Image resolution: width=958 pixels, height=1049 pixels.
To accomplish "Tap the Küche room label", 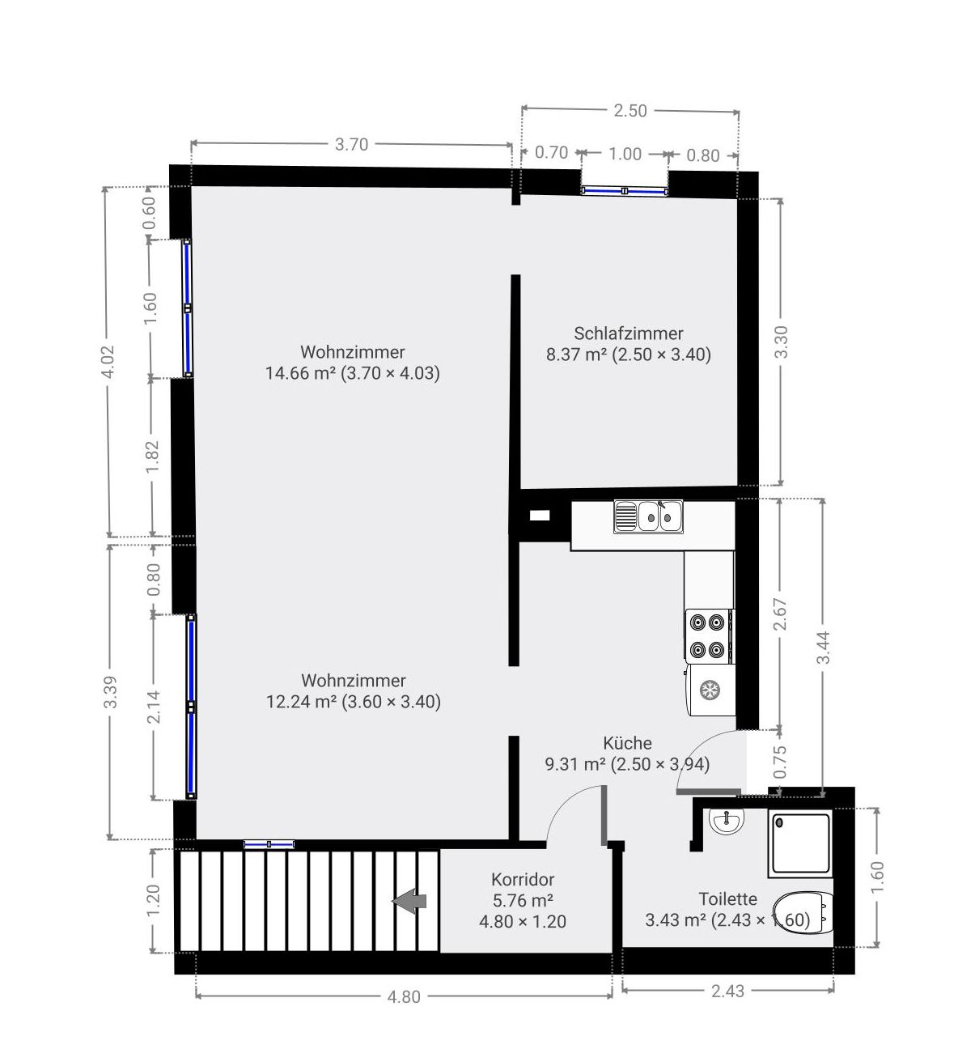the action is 627,743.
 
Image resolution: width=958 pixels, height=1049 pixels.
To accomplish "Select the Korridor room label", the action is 523,879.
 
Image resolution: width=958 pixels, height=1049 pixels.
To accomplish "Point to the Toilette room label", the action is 727,899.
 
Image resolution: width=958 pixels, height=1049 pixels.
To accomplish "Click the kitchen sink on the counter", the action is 648,516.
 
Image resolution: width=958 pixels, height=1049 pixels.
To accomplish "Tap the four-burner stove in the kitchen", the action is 710,636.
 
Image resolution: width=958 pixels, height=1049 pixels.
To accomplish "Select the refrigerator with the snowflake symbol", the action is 710,690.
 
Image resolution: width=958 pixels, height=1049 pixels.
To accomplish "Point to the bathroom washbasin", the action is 727,820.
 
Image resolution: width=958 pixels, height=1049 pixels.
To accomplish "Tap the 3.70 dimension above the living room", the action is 351,144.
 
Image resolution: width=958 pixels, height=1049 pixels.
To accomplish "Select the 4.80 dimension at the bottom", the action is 404,996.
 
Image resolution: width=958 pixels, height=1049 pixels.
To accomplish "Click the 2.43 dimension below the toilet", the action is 727,991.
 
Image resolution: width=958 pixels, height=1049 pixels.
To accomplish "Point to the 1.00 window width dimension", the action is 625,155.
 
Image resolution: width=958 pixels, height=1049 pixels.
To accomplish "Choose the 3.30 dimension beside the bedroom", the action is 781,342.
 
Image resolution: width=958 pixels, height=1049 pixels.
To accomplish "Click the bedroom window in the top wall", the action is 625,191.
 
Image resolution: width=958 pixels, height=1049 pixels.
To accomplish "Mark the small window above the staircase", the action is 269,843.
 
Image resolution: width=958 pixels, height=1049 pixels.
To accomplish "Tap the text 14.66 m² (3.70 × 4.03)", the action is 353,373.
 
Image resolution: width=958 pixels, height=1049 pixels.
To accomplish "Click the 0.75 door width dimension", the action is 780,762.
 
